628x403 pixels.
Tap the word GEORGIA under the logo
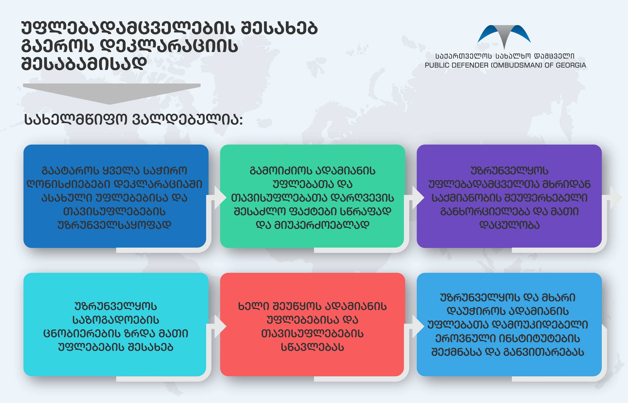571,65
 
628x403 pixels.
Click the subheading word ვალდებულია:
188,120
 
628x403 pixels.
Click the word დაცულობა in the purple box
509,225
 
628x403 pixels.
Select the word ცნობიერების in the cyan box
78,333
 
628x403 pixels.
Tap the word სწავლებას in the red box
312,347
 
